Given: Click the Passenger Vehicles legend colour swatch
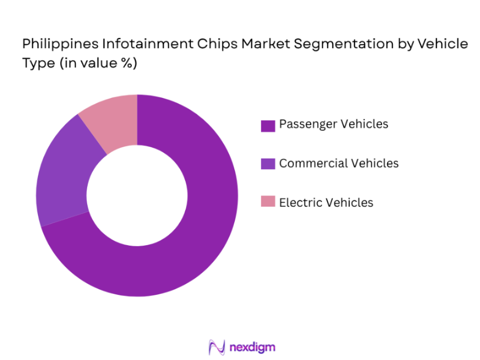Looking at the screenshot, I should [x=268, y=125].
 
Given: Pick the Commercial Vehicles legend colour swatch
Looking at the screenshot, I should [x=268, y=164].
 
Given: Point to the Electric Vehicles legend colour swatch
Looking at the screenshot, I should [x=268, y=202].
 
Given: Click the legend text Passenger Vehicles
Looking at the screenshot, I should [x=334, y=124].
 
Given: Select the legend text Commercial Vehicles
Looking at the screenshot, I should [x=339, y=163].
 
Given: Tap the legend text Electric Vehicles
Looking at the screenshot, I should [x=326, y=202].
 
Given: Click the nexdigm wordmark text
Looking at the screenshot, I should [x=252, y=347].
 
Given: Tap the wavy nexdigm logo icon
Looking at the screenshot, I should [x=216, y=347].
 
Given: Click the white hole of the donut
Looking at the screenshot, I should [x=137, y=195].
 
